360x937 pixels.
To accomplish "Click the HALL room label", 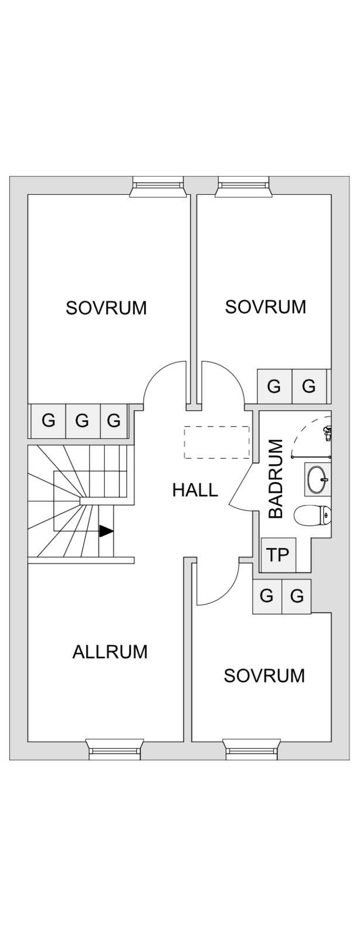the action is pyautogui.click(x=195, y=490).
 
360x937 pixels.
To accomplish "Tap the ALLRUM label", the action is pyautogui.click(x=110, y=652).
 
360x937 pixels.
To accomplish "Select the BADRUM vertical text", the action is pyautogui.click(x=276, y=479).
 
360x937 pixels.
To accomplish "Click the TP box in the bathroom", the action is pyautogui.click(x=278, y=555).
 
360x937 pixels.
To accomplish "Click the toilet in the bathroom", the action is pyautogui.click(x=313, y=515).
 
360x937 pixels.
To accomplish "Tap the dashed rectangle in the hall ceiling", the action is pyautogui.click(x=217, y=442).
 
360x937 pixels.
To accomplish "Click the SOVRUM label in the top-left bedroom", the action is pyautogui.click(x=107, y=308).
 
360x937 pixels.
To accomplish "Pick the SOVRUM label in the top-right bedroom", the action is pyautogui.click(x=266, y=307).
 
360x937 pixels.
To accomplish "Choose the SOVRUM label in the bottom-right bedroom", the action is pyautogui.click(x=265, y=676).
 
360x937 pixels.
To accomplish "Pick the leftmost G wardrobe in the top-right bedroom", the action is pyautogui.click(x=274, y=386).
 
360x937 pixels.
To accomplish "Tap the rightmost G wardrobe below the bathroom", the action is pyautogui.click(x=297, y=596).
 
